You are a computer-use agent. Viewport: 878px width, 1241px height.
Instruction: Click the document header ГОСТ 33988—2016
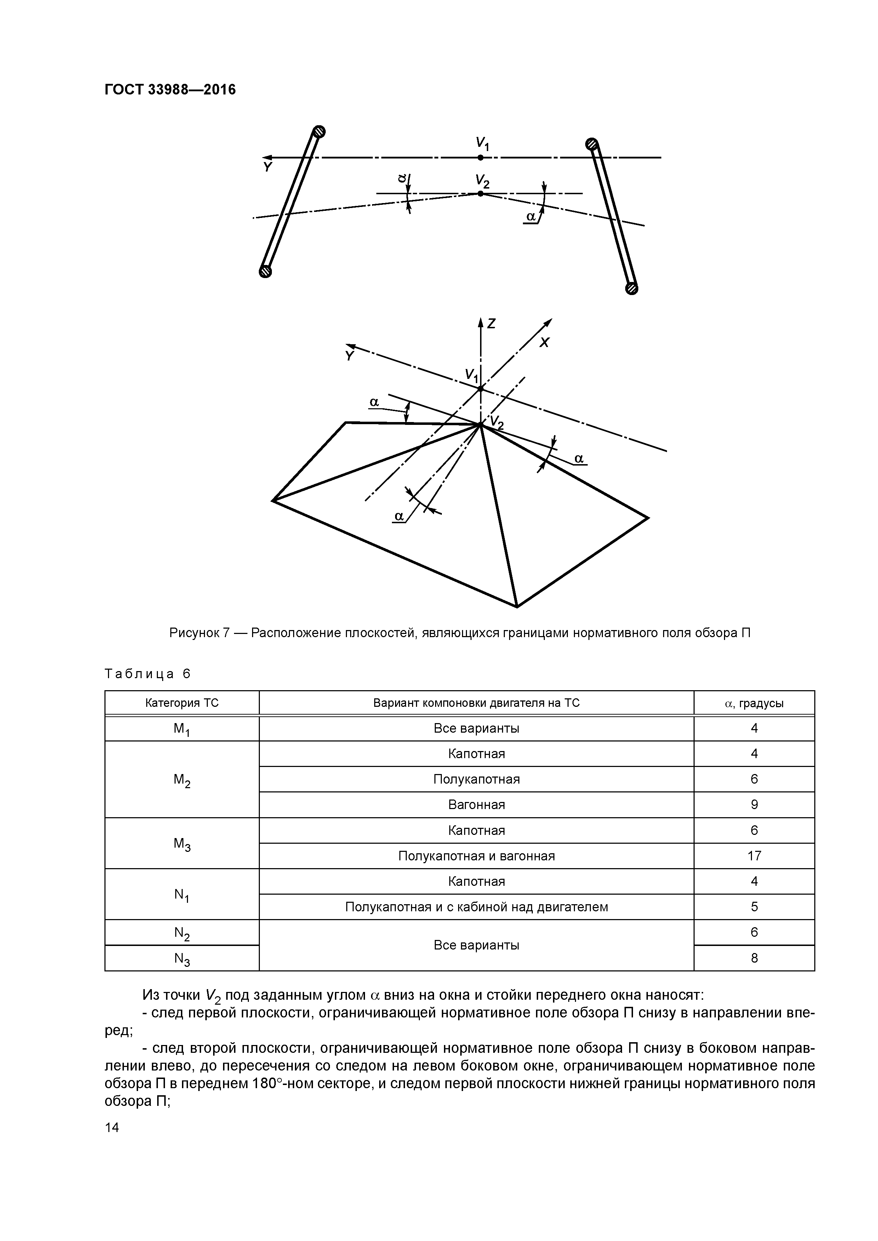pyautogui.click(x=170, y=89)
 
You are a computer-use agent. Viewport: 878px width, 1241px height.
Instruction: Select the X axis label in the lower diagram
pyautogui.click(x=544, y=343)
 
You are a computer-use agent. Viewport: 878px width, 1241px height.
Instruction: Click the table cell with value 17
pyautogui.click(x=754, y=856)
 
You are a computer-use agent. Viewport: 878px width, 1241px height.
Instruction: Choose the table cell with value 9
pyautogui.click(x=754, y=805)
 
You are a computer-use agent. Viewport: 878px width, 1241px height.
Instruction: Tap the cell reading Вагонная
pyautogui.click(x=476, y=805)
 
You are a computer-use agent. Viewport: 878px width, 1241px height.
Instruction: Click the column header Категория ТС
pyautogui.click(x=182, y=703)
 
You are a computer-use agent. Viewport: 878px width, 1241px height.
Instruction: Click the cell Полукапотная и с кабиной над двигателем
pyautogui.click(x=476, y=907)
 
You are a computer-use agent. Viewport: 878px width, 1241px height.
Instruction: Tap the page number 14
pyautogui.click(x=112, y=1127)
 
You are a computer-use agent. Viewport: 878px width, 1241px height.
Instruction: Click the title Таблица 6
pyautogui.click(x=148, y=674)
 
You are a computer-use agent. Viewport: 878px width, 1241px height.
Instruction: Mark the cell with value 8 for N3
pyautogui.click(x=754, y=958)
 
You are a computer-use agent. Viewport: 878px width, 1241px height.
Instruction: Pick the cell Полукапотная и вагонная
pyautogui.click(x=476, y=856)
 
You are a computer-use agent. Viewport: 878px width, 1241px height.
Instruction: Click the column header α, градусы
pyautogui.click(x=754, y=703)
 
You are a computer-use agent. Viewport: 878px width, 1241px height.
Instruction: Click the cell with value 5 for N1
pyautogui.click(x=754, y=907)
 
